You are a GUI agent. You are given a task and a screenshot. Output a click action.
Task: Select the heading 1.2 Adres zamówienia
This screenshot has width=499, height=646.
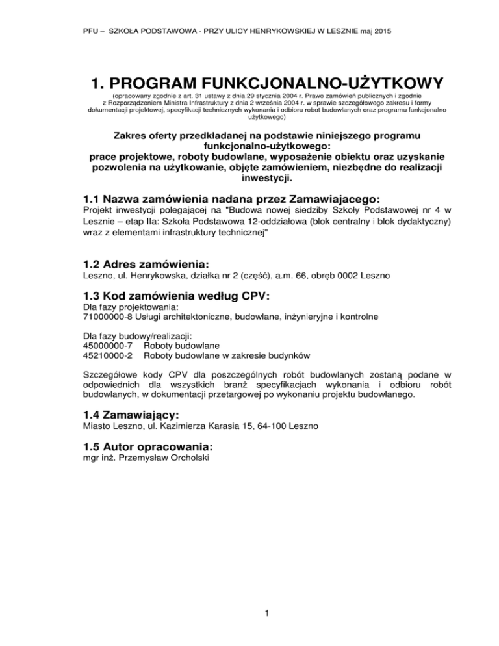[146, 264]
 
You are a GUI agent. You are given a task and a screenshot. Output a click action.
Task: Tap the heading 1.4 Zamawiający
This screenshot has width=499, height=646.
[130, 413]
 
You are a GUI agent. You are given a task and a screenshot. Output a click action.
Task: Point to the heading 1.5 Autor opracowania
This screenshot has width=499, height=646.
[148, 447]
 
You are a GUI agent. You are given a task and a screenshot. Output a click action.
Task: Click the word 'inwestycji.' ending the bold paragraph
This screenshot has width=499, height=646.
[249, 178]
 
